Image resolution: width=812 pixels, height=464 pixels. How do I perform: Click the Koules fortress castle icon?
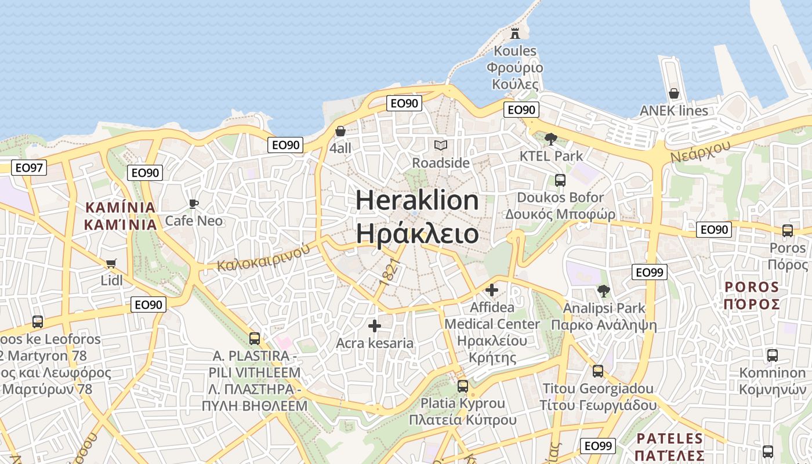(514, 33)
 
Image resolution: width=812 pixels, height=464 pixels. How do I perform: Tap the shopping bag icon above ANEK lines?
(673, 93)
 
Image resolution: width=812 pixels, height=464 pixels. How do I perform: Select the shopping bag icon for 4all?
(340, 131)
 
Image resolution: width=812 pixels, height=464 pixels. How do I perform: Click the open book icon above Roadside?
(441, 145)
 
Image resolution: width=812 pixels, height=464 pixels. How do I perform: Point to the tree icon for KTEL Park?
(551, 139)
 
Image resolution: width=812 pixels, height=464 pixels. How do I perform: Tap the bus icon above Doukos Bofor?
(560, 180)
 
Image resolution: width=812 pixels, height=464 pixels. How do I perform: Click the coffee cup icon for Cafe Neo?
(194, 204)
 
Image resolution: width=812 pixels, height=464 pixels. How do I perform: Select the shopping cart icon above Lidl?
(111, 263)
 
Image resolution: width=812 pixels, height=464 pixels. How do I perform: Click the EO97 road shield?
(29, 168)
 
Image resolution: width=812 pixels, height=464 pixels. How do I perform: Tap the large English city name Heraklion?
(417, 201)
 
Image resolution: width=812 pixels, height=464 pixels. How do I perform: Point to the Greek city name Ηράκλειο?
(417, 234)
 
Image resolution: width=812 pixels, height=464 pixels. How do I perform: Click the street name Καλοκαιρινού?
(263, 257)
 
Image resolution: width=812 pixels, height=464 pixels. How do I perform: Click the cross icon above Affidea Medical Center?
(492, 289)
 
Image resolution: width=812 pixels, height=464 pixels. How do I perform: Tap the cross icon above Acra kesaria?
(375, 326)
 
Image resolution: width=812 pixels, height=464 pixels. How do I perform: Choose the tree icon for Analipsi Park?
(604, 291)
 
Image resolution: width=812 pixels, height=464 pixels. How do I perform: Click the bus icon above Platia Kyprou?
(463, 386)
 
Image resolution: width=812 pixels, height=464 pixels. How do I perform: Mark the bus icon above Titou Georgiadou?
(598, 371)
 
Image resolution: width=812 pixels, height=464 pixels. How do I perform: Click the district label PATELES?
(669, 438)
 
